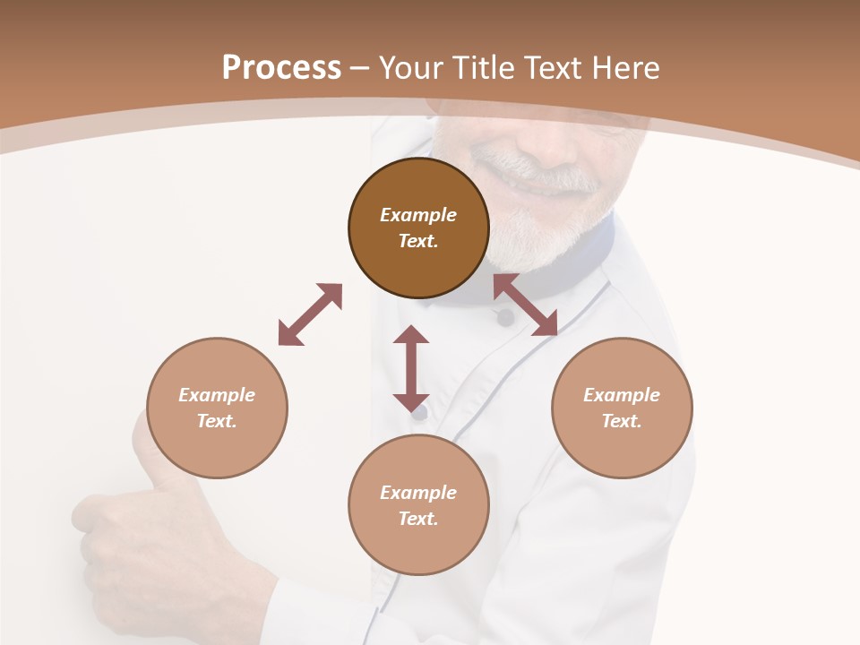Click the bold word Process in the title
[281, 68]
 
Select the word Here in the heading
[627, 68]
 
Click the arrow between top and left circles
[310, 314]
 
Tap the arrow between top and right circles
[525, 305]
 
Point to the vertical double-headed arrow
[411, 368]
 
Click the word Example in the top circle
[418, 215]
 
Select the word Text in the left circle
[216, 421]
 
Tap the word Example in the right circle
[622, 395]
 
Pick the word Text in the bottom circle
[417, 519]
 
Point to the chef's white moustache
[537, 175]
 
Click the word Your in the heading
[408, 68]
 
